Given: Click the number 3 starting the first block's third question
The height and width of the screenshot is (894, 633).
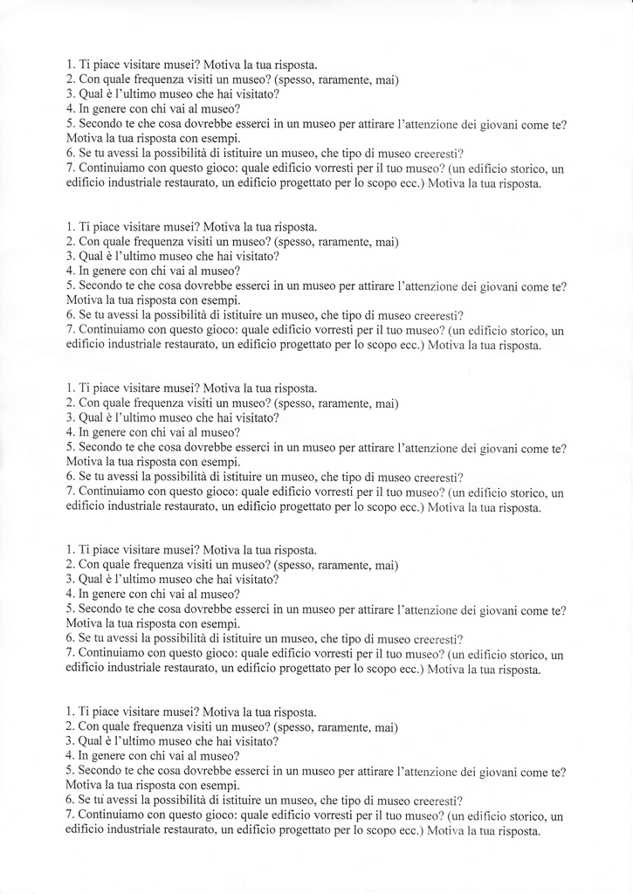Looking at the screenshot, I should (x=69, y=94).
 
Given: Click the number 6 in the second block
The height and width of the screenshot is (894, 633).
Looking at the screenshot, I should (x=69, y=316).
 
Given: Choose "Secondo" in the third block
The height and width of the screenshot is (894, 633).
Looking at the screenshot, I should (x=100, y=448).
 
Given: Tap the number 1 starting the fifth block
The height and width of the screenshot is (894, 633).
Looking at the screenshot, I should (x=69, y=712).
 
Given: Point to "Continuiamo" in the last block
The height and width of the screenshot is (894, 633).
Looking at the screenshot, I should (x=112, y=815).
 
